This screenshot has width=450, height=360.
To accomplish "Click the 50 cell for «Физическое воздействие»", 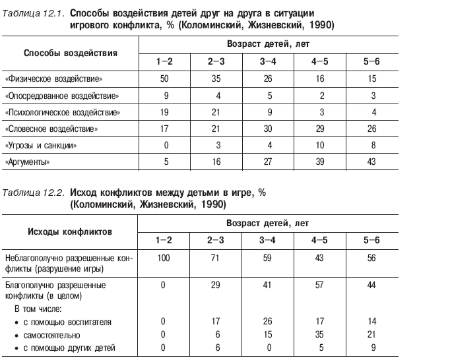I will point(164,79).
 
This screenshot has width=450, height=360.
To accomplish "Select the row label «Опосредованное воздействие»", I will point(62,96).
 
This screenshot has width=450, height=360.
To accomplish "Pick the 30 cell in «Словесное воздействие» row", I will point(268,129).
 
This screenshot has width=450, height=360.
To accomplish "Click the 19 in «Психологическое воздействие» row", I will point(164,112).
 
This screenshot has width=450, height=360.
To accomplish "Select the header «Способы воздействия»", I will point(71,53).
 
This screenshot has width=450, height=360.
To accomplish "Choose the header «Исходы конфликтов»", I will point(69,232).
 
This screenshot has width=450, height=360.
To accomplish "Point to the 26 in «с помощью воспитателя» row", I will point(268,322).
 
